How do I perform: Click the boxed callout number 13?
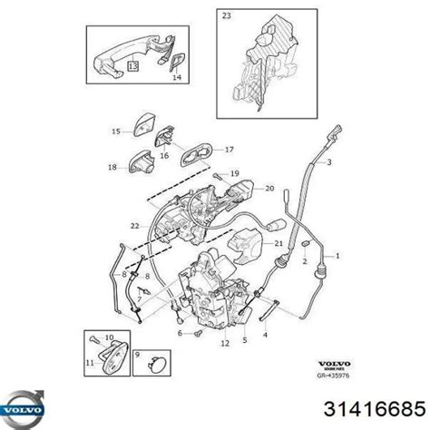coord(133,67)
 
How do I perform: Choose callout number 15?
coord(116,132)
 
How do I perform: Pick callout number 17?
coord(230,150)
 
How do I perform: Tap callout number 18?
coord(112,167)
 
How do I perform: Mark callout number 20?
coord(269,188)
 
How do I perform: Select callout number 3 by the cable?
coord(328,162)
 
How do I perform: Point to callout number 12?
coord(224,344)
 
